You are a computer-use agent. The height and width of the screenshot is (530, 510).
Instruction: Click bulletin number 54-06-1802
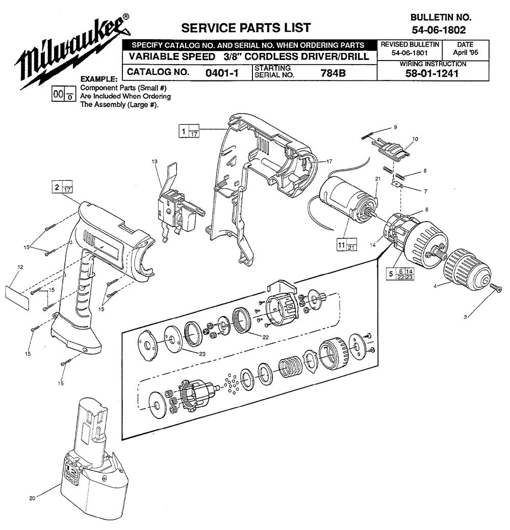435,30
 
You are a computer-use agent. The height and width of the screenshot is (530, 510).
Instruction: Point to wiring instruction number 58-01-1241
433,73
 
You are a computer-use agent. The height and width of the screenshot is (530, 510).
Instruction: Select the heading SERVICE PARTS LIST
246,27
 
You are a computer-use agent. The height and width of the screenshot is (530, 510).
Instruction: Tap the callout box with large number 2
62,188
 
